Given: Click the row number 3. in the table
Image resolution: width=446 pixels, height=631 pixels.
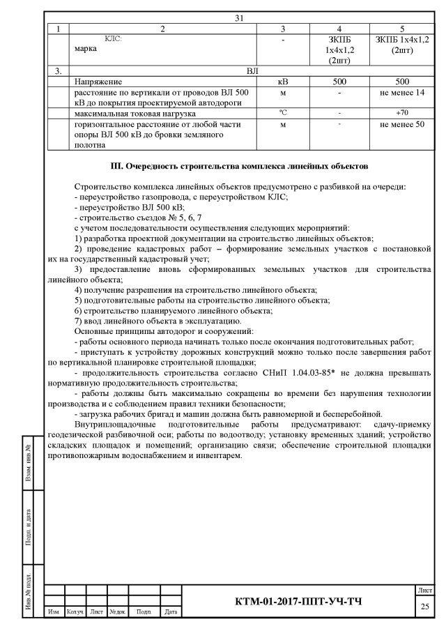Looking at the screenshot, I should pyautogui.click(x=59, y=71).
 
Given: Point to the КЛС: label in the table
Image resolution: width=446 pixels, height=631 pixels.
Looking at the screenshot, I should pyautogui.click(x=112, y=40).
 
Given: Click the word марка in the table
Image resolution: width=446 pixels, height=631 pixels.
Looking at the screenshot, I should pyautogui.click(x=87, y=50).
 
